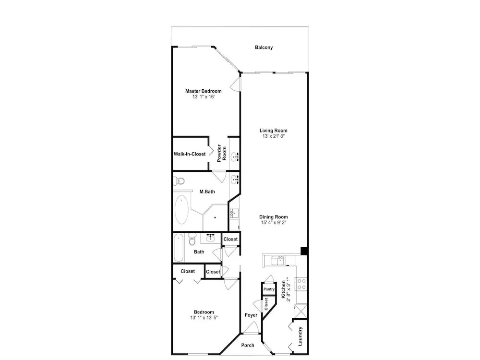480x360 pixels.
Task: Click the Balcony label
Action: [264, 48]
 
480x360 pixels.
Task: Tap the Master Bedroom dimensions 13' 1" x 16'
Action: [203, 97]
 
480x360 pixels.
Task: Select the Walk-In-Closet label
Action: [190, 154]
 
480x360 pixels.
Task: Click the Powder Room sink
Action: [235, 157]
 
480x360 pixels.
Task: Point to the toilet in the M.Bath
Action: [179, 181]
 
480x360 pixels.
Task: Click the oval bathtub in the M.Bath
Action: [181, 210]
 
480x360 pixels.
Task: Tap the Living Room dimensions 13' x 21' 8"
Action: [274, 136]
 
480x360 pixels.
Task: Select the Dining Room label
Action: [274, 217]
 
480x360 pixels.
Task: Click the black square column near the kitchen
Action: [304, 251]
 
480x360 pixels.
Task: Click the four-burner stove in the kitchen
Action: [301, 284]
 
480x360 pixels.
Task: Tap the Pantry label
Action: [269, 289]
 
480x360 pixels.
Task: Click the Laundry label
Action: [300, 336]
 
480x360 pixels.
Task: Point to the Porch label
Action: [248, 345]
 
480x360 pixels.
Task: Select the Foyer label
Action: [251, 315]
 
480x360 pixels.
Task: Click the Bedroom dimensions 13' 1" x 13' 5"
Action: [204, 318]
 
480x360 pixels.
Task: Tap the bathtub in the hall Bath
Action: [179, 248]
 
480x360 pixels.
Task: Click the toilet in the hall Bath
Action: [192, 239]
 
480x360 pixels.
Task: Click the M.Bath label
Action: [207, 192]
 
